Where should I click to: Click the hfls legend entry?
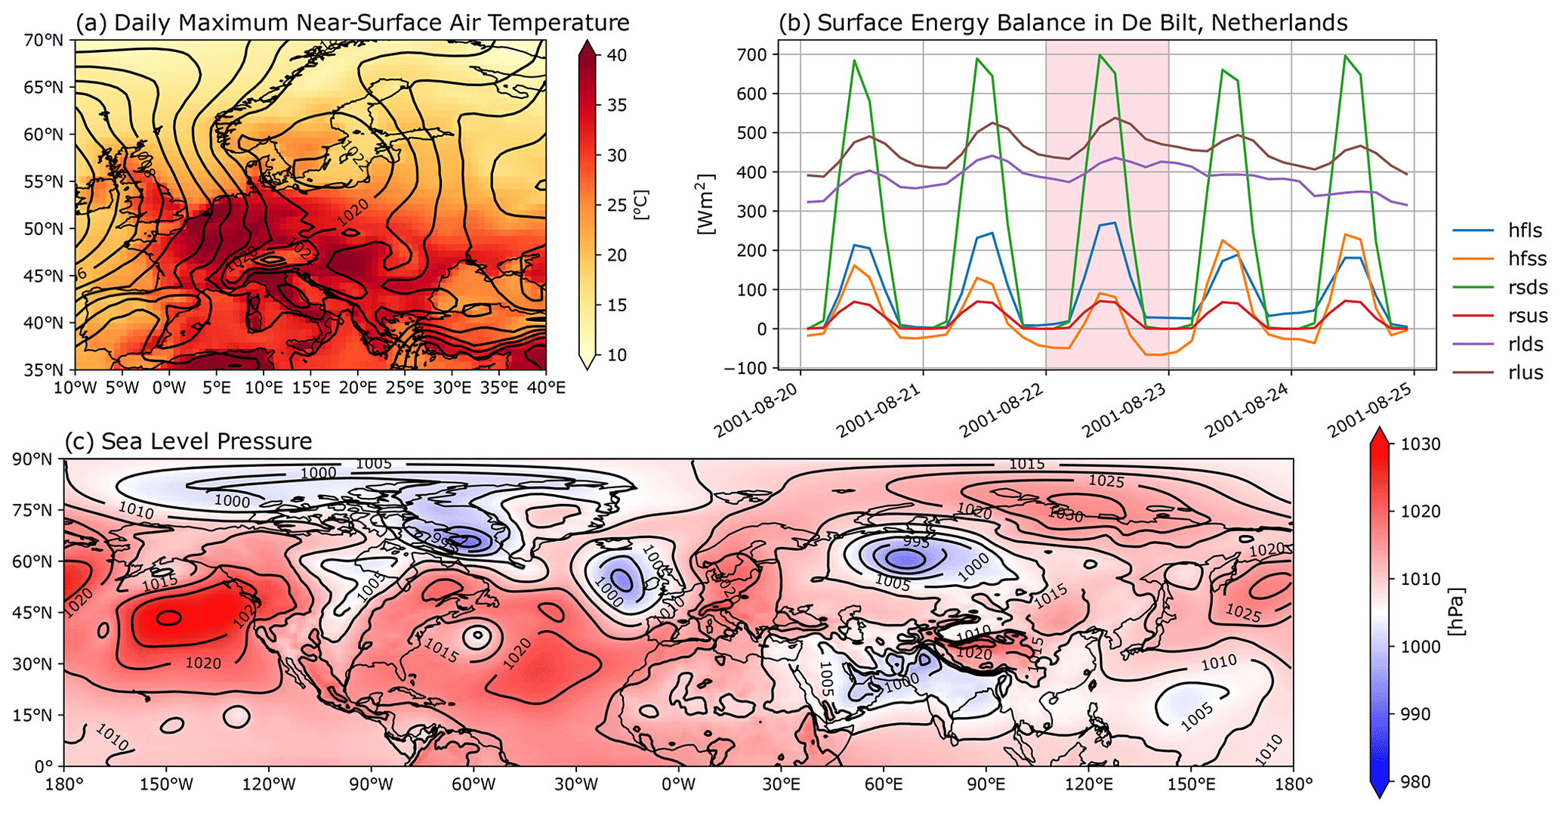point(1519,230)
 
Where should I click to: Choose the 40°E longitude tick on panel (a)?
point(545,388)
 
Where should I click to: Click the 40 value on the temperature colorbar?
point(615,55)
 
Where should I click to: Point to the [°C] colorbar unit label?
point(642,205)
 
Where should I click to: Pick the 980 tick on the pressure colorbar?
point(1415,782)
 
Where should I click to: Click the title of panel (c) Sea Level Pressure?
point(188,441)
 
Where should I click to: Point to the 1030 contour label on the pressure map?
point(1066,516)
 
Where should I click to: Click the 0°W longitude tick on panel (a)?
point(168,388)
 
